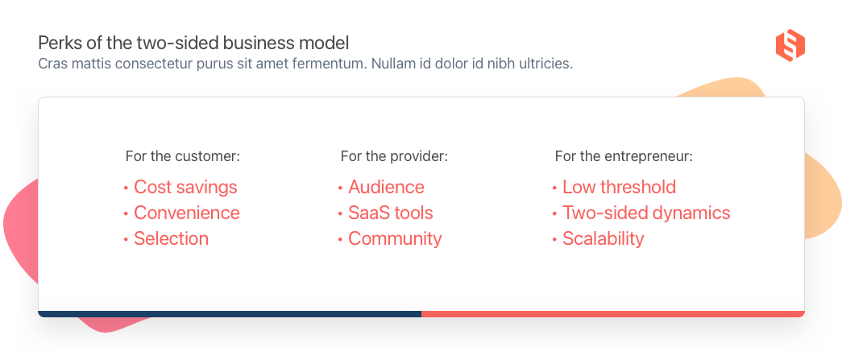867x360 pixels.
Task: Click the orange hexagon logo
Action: (x=790, y=45)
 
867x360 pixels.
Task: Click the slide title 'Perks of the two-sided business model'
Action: (x=193, y=43)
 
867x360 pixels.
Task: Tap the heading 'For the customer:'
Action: (x=182, y=156)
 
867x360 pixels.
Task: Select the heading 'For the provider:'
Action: (x=394, y=156)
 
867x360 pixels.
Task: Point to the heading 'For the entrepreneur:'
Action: (x=624, y=156)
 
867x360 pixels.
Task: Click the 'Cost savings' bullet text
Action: (x=185, y=187)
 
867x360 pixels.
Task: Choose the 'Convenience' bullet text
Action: (x=187, y=213)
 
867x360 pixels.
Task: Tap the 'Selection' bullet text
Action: (x=172, y=238)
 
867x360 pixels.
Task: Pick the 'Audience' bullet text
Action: (x=386, y=187)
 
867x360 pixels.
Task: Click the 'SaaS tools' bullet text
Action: (x=390, y=213)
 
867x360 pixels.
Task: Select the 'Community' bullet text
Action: (x=395, y=239)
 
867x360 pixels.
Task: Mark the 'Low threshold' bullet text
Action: (x=620, y=187)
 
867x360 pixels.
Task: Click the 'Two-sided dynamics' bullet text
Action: (x=646, y=213)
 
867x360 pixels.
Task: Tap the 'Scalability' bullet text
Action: (x=604, y=239)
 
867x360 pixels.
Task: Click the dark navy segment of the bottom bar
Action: (x=230, y=314)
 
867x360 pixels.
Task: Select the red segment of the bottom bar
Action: (x=612, y=314)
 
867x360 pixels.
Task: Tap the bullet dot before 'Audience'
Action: (x=340, y=188)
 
